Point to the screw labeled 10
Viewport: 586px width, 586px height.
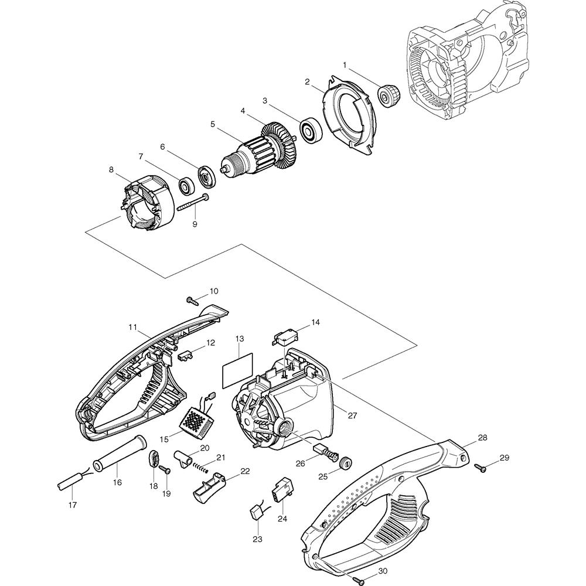tap(191, 300)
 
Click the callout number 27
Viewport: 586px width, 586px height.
tap(352, 415)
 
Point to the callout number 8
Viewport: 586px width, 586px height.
tap(111, 170)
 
